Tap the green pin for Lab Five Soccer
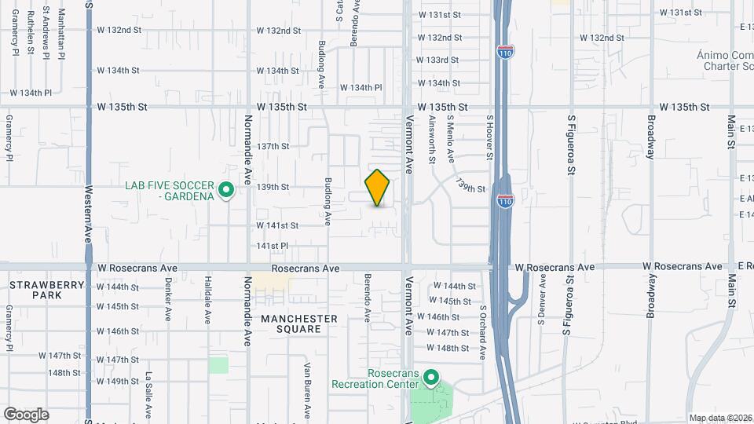226,190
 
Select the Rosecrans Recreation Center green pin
430,378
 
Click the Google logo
26,415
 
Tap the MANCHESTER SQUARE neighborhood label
299,323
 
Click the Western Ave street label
90,210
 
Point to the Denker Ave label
168,299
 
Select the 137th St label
273,146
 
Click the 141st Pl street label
273,246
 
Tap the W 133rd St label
437,60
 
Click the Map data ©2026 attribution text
719,418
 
